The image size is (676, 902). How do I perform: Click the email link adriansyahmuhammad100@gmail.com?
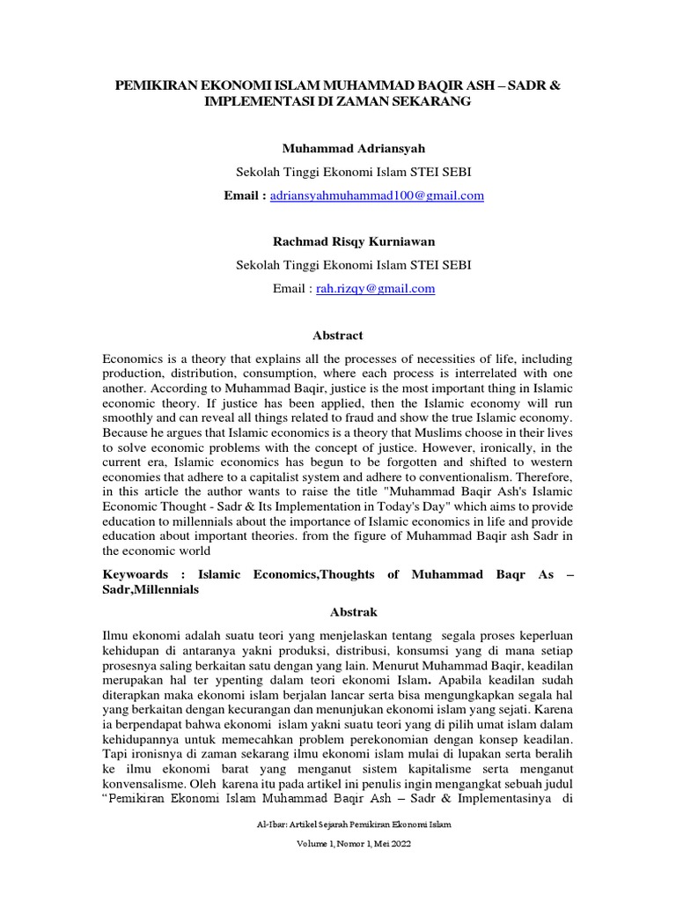pyautogui.click(x=377, y=196)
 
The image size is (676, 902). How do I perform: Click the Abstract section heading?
pyautogui.click(x=338, y=336)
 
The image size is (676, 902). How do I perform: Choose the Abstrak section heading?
pyautogui.click(x=338, y=609)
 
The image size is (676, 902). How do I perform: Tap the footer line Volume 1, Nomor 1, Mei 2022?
pyautogui.click(x=338, y=868)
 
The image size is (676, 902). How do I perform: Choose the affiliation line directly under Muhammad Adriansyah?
pyautogui.click(x=338, y=172)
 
